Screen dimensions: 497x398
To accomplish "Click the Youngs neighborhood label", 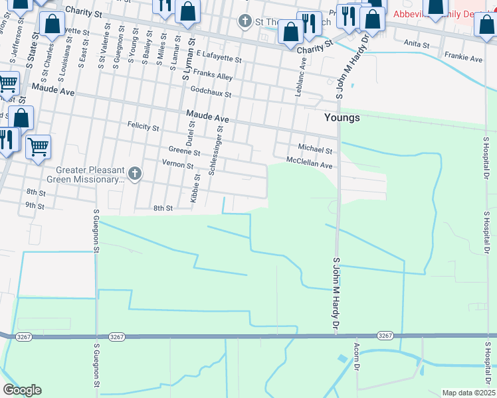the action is pyautogui.click(x=342, y=117).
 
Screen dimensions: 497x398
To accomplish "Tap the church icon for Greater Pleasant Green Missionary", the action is pyautogui.click(x=135, y=174).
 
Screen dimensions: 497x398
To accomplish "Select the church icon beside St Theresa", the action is pyautogui.click(x=245, y=22).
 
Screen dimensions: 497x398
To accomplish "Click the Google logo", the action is pyautogui.click(x=22, y=390).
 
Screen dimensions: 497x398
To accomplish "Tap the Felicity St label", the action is pyautogui.click(x=144, y=126).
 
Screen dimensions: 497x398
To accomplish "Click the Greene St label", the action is pyautogui.click(x=180, y=151).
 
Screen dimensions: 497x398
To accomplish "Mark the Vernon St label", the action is pyautogui.click(x=177, y=165).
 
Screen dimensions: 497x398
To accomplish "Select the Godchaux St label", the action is pyautogui.click(x=210, y=93).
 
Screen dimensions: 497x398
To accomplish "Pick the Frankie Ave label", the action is pyautogui.click(x=463, y=58).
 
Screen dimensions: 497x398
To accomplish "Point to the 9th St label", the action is pyautogui.click(x=35, y=206).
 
